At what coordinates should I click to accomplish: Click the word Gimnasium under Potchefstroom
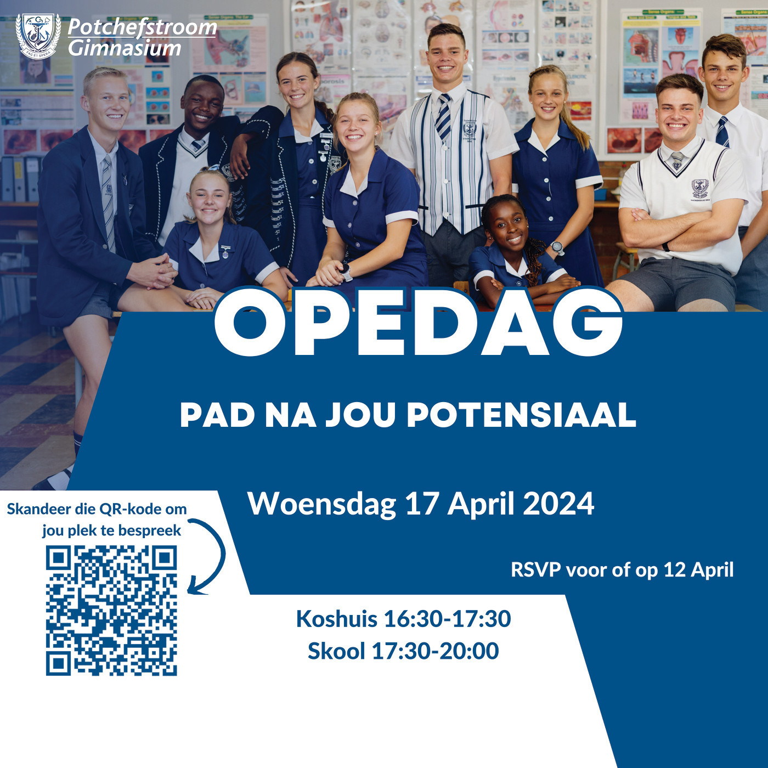click(125, 48)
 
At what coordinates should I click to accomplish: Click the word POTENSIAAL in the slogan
click(521, 416)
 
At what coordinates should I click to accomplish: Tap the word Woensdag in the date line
click(322, 504)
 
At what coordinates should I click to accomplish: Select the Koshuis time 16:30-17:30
click(447, 619)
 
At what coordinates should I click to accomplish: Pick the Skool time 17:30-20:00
click(435, 651)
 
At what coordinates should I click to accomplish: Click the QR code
click(111, 611)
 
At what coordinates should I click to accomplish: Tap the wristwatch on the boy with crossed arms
click(665, 246)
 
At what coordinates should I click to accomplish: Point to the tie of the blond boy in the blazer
click(108, 202)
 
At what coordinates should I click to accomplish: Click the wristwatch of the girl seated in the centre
click(346, 272)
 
